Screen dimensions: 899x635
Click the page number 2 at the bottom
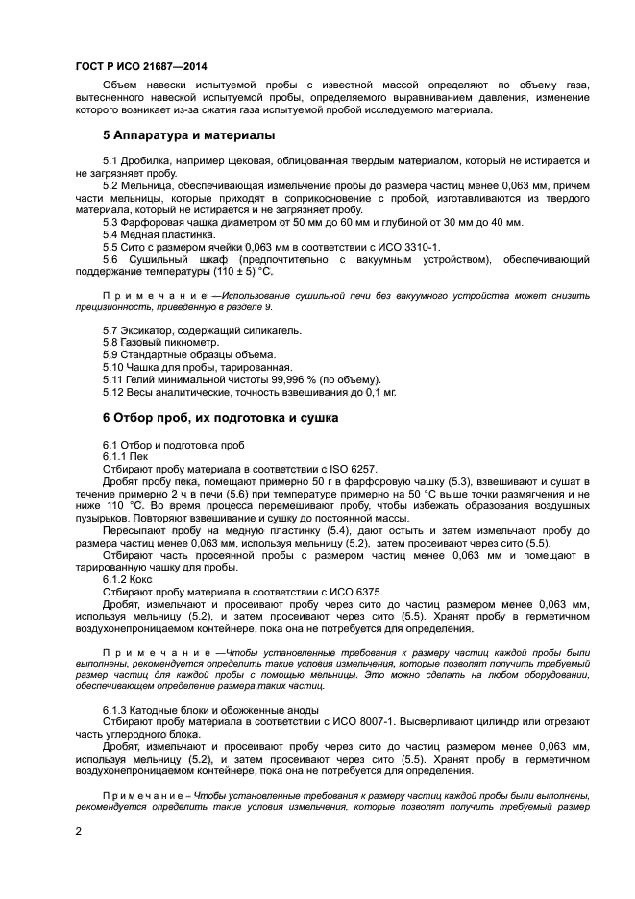[78, 831]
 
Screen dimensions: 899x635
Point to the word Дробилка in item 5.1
[150, 159]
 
